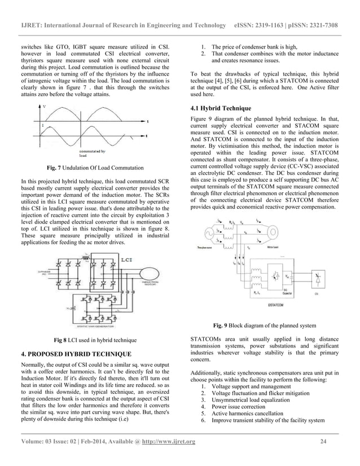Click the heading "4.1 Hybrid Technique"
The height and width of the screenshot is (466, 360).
tap(221, 108)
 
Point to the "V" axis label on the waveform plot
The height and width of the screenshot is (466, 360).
tap(45, 106)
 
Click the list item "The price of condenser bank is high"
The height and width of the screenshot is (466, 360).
tap(253, 46)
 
